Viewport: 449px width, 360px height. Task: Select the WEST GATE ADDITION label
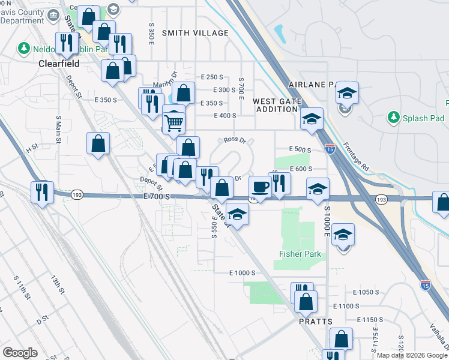point(276,105)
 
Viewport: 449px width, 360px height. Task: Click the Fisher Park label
point(300,254)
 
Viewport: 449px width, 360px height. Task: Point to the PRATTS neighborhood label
point(316,322)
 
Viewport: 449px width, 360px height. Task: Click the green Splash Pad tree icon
point(394,116)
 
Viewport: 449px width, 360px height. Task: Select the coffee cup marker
point(260,188)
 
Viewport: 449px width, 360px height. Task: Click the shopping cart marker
point(173,123)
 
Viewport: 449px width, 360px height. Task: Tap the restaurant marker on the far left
point(41,192)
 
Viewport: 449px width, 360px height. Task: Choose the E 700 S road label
point(157,196)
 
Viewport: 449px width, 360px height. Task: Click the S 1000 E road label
point(328,223)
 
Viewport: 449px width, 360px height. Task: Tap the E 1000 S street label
point(243,272)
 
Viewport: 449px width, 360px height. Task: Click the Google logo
point(20,353)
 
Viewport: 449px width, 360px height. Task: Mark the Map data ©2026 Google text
point(412,355)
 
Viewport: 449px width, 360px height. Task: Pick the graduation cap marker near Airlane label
point(347,92)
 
